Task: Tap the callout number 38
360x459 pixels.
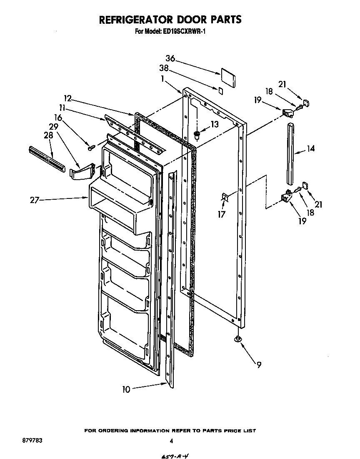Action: tap(164, 68)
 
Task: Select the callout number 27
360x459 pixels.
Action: tap(35, 201)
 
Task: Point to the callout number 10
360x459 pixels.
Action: tap(126, 389)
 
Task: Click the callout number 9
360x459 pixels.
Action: tap(259, 365)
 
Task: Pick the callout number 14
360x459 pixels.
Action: tap(310, 148)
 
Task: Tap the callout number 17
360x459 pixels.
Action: tap(222, 215)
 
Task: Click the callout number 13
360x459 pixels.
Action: tap(214, 124)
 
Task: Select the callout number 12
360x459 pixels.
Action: tap(68, 98)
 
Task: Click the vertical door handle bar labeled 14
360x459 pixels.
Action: tap(290, 153)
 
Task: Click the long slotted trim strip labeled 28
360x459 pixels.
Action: tap(47, 158)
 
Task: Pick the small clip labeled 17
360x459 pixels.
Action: tap(224, 198)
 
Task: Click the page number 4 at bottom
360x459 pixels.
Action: tap(171, 441)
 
